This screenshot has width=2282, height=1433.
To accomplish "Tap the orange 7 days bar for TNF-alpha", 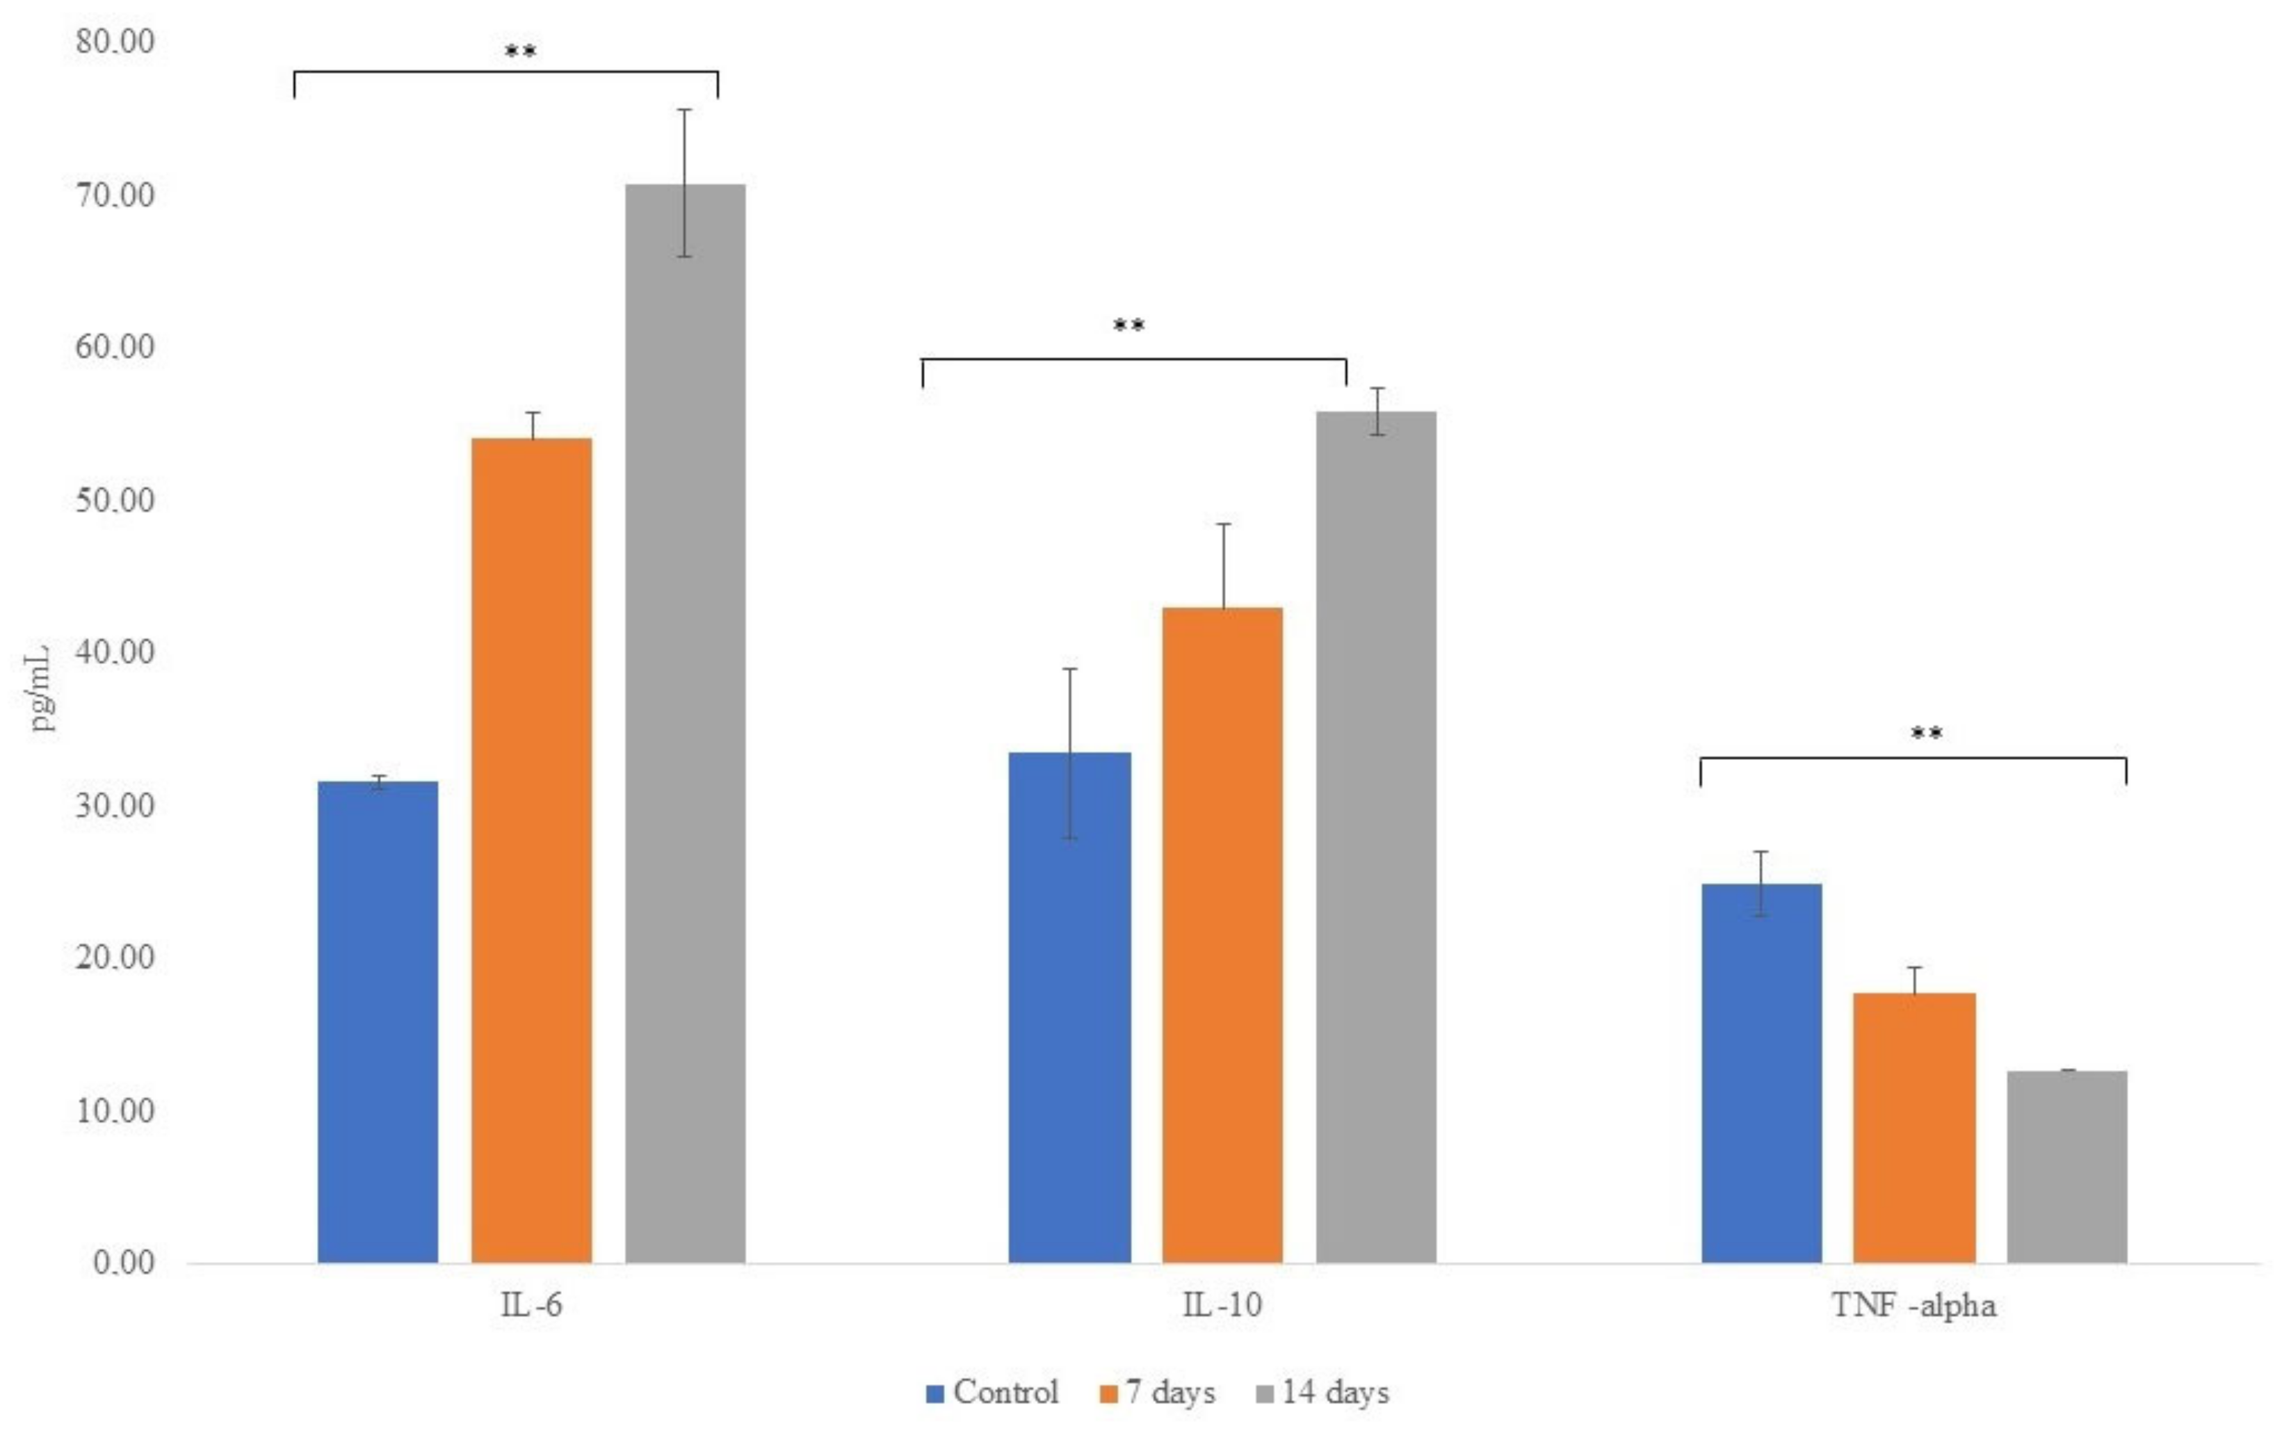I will pyautogui.click(x=1914, y=1127).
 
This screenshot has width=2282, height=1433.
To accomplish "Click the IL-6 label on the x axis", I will pyautogui.click(x=532, y=1305).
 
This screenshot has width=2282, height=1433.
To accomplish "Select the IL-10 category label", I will pyautogui.click(x=1222, y=1305).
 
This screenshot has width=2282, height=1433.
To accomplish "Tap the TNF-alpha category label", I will pyautogui.click(x=1914, y=1305).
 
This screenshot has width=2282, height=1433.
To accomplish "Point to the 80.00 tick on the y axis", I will pyautogui.click(x=115, y=42).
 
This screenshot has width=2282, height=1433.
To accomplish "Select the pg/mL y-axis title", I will pyautogui.click(x=40, y=688).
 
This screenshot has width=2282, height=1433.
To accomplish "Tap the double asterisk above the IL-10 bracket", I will pyautogui.click(x=1128, y=326).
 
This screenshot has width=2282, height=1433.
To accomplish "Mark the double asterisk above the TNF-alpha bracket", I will pyautogui.click(x=1926, y=733).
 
